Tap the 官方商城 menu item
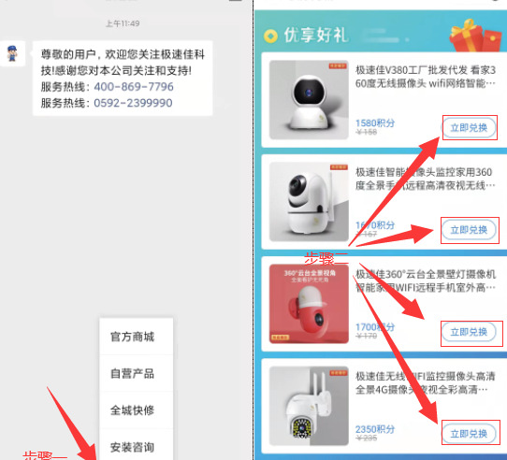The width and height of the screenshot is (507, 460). click(x=132, y=337)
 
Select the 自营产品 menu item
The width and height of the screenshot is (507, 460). click(x=132, y=374)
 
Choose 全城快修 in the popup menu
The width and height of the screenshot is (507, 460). click(x=132, y=410)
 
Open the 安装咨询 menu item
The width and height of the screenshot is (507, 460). click(x=132, y=446)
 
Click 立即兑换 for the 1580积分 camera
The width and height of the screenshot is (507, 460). click(x=468, y=128)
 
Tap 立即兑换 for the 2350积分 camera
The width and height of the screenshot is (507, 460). click(x=468, y=434)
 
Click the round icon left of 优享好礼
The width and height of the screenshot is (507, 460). click(x=270, y=36)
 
